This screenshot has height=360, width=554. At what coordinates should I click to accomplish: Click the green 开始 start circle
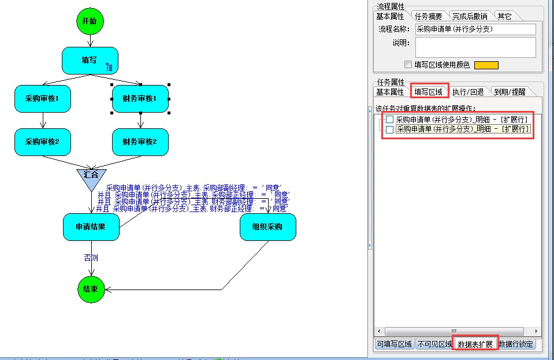[x=90, y=21]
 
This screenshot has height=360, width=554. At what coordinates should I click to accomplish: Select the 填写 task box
[x=90, y=60]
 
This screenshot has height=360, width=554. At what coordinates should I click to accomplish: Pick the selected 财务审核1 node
[x=140, y=99]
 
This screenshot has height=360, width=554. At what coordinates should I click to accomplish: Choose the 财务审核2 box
[x=140, y=142]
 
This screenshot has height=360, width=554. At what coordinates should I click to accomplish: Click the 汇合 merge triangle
[x=91, y=177]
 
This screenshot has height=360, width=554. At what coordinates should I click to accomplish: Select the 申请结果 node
[x=91, y=227]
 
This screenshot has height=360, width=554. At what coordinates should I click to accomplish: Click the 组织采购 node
[x=267, y=227]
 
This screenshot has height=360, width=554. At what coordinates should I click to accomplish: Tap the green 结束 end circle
[x=91, y=288]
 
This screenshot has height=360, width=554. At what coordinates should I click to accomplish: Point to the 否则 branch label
[x=91, y=258]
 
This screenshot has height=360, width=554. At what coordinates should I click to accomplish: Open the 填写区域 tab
[x=429, y=91]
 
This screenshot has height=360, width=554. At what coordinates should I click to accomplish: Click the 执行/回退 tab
[x=468, y=92]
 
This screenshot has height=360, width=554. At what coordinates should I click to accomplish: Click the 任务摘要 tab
[x=428, y=16]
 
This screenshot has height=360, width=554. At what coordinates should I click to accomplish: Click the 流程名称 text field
[x=475, y=29]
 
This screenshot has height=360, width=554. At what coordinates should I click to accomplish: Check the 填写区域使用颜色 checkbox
[x=408, y=65]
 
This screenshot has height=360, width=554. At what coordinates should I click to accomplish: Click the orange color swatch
[x=486, y=65]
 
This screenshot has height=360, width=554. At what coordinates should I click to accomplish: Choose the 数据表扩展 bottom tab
[x=475, y=344]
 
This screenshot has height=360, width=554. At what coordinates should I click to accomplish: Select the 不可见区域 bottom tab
[x=434, y=344]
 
